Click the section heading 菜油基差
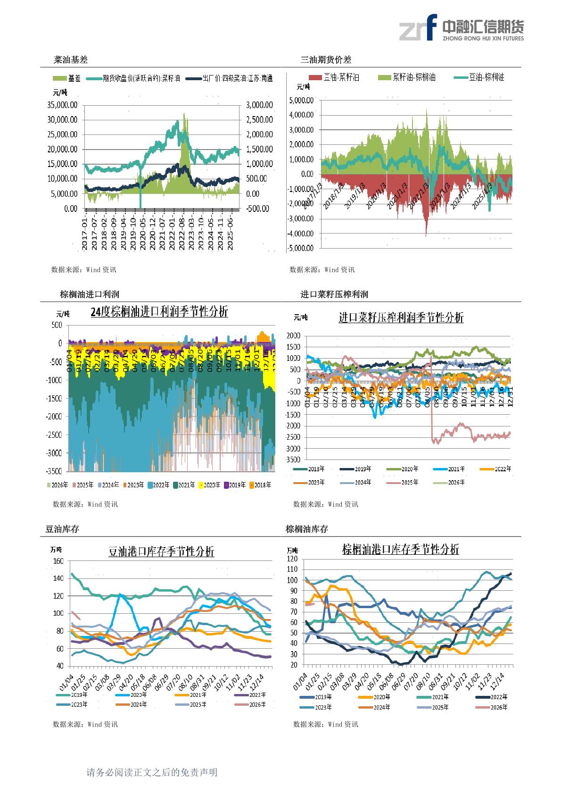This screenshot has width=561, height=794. [71, 60]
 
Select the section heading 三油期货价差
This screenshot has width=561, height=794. [326, 60]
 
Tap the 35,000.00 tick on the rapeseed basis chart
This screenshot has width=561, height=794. [63, 105]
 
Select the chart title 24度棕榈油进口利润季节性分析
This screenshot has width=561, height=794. [159, 312]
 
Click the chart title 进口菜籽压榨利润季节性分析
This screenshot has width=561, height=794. [401, 318]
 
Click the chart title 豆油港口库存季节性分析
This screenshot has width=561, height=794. [161, 552]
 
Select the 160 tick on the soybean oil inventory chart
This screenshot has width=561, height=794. [58, 561]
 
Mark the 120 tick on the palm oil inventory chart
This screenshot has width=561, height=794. [292, 559]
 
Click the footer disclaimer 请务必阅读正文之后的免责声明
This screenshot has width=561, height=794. [152, 772]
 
